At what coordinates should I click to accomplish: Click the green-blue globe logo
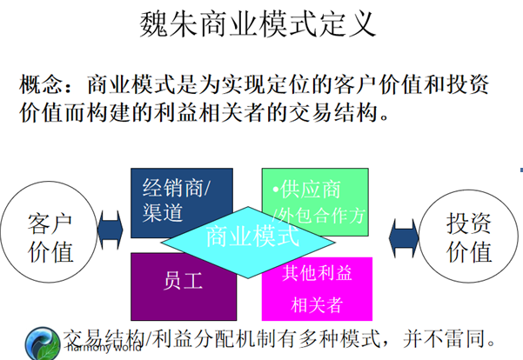(42, 342)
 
